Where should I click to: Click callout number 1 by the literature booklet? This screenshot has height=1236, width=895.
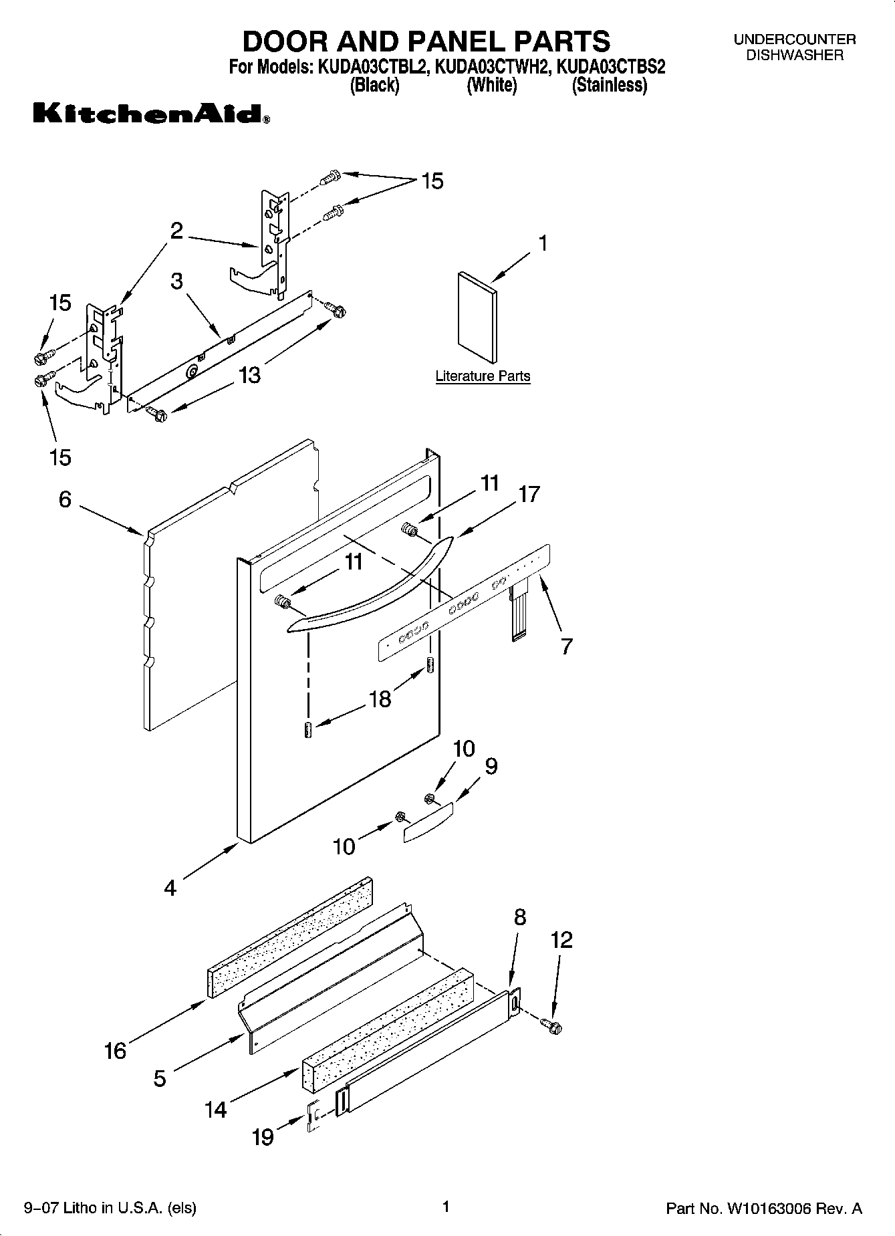(543, 243)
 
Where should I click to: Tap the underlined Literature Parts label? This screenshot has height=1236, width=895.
(483, 376)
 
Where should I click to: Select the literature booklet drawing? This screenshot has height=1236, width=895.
(477, 318)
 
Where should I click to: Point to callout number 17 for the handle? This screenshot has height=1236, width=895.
(529, 495)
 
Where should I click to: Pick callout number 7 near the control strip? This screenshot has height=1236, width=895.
(566, 646)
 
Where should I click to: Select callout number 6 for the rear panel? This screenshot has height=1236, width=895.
(65, 499)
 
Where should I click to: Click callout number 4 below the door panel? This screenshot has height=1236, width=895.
(170, 888)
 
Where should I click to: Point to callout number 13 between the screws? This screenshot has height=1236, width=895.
(249, 375)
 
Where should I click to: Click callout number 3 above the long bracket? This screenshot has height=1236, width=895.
(176, 281)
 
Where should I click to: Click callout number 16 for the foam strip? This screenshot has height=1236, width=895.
(115, 1051)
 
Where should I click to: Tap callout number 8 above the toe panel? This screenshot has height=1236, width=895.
(520, 917)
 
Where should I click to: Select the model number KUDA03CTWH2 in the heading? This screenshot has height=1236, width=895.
(493, 67)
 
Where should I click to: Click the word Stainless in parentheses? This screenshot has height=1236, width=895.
(609, 86)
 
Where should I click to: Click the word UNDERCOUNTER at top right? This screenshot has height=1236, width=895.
(794, 39)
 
